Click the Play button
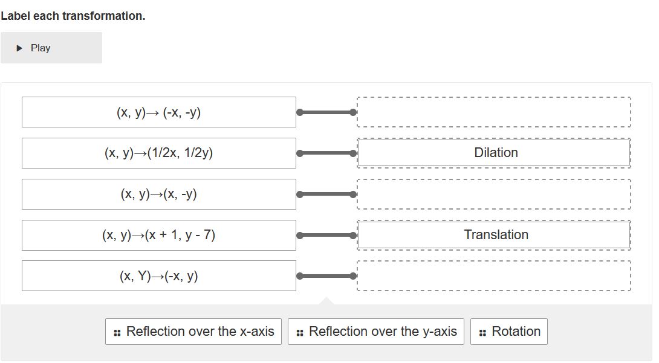[51, 48]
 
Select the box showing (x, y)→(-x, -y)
[158, 112]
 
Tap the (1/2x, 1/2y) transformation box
[158, 153]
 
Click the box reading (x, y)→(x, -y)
[158, 194]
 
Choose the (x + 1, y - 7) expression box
[158, 235]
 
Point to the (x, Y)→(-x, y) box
[158, 276]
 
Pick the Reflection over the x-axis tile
[193, 332]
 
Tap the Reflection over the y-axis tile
[376, 332]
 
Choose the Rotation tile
[509, 332]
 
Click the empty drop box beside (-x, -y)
[494, 112]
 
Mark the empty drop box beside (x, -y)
[494, 194]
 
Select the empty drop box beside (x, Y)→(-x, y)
[494, 276]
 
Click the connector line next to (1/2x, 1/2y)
[326, 153]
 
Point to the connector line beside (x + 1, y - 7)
[326, 235]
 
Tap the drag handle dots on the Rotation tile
[482, 332]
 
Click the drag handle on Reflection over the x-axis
[117, 332]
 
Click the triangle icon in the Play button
[19, 48]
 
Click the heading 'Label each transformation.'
[73, 16]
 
